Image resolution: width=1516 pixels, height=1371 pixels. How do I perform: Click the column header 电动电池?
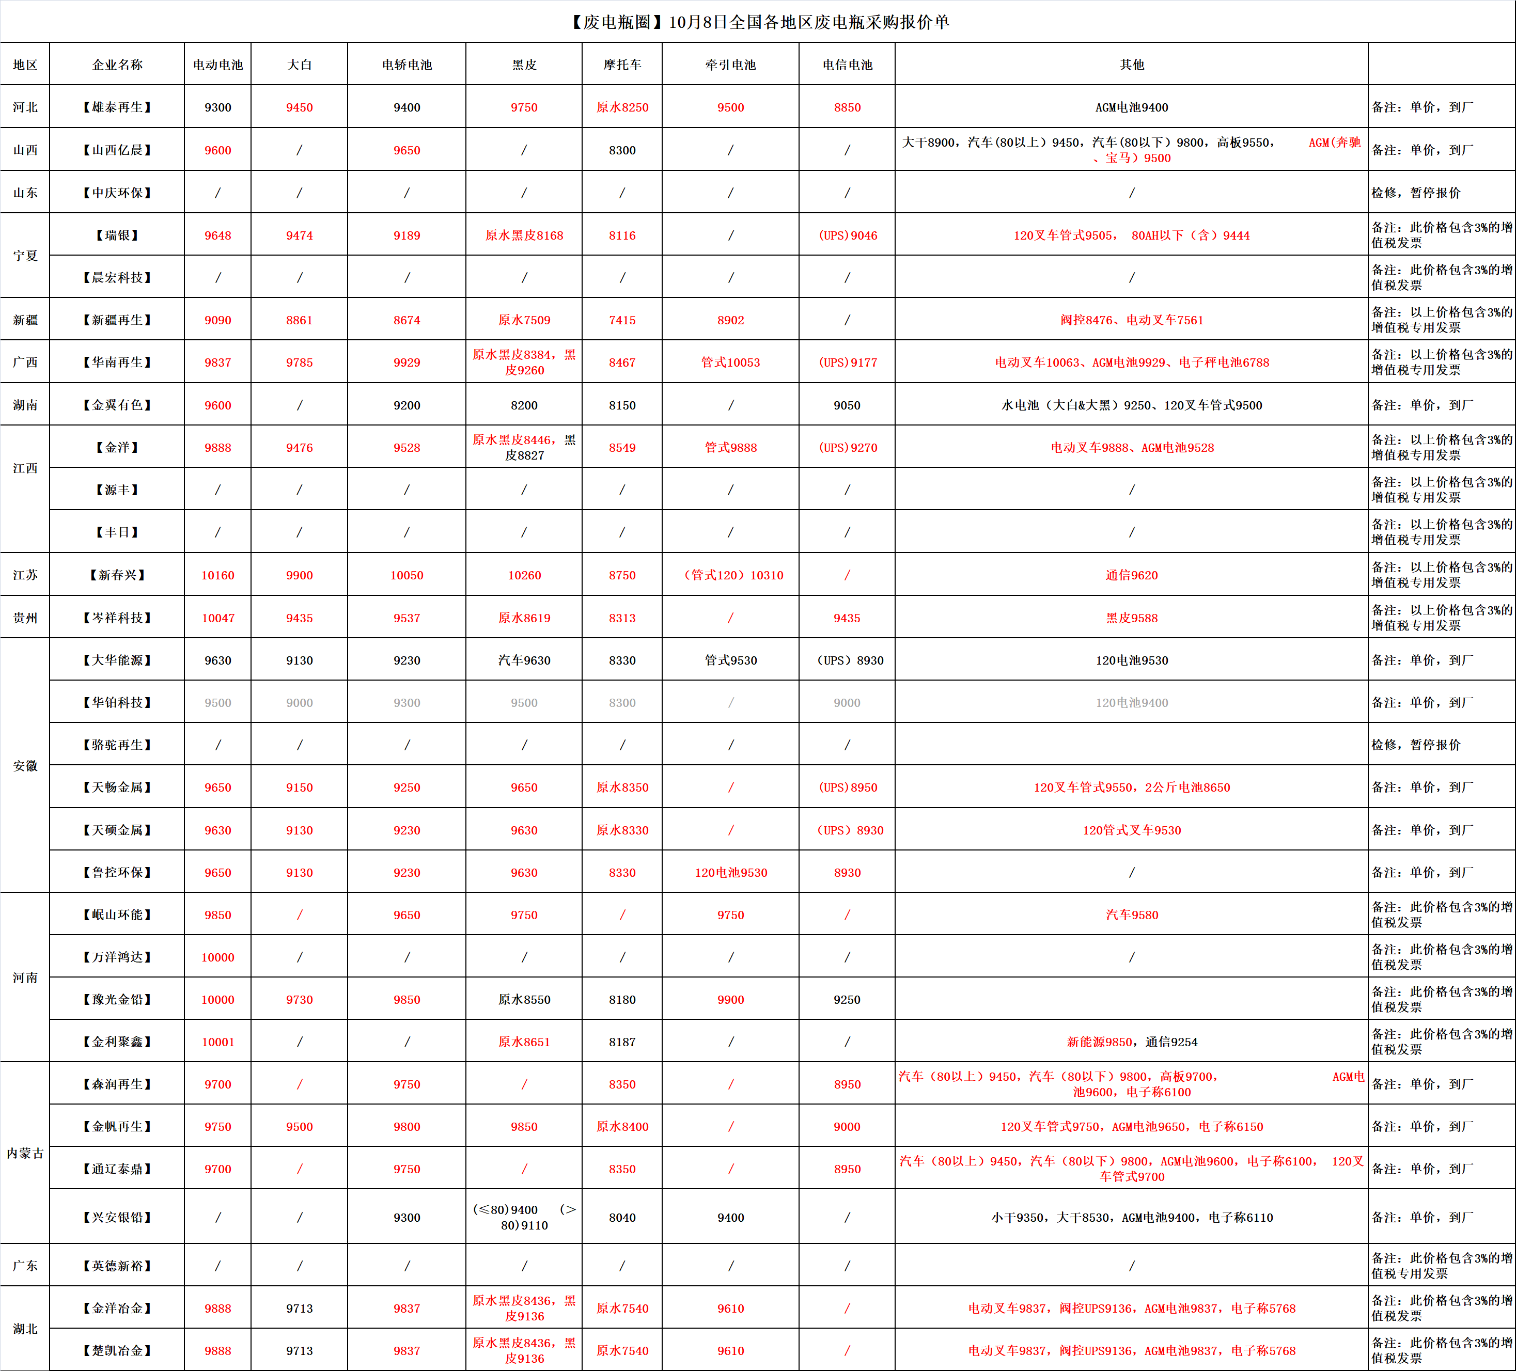pos(217,65)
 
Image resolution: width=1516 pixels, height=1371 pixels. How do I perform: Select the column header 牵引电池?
pos(730,65)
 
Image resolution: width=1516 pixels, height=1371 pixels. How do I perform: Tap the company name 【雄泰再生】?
pos(117,107)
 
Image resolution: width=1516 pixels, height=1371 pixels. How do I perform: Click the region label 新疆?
pos(25,320)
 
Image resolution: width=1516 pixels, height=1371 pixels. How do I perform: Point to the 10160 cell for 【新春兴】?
pos(217,575)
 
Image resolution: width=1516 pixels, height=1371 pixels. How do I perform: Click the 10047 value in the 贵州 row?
pos(217,618)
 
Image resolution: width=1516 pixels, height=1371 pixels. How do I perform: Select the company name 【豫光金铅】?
pos(117,1000)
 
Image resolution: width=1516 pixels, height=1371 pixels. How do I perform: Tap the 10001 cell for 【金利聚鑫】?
pos(217,1042)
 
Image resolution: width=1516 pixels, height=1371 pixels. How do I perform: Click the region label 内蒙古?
pos(25,1153)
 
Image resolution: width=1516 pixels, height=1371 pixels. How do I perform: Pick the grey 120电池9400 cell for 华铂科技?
pos(1131,703)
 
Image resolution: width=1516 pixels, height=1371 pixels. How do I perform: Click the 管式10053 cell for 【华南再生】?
pos(730,363)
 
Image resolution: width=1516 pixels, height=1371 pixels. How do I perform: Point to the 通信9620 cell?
pos(1131,575)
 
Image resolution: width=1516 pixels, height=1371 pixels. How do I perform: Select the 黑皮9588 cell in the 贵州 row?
pos(1131,618)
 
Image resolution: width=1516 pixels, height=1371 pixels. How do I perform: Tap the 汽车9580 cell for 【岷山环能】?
pos(1131,915)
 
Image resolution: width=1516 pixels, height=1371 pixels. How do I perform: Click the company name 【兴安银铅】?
pos(117,1217)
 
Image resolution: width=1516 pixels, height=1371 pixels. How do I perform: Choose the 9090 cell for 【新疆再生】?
pos(217,320)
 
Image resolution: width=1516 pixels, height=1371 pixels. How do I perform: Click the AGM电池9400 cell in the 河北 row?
pos(1131,107)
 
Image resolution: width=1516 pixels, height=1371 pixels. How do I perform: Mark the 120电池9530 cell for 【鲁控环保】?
pos(730,873)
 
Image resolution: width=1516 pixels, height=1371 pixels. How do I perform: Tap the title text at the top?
pos(758,22)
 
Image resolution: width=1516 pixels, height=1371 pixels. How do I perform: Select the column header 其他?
pos(1131,65)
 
